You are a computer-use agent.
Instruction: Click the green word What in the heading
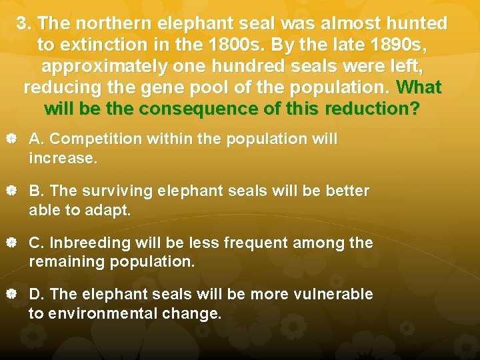tap(418, 88)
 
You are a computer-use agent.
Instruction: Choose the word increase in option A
tap(61, 159)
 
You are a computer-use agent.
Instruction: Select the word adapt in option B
tap(111, 211)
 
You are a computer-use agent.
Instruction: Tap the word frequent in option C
tap(263, 243)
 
